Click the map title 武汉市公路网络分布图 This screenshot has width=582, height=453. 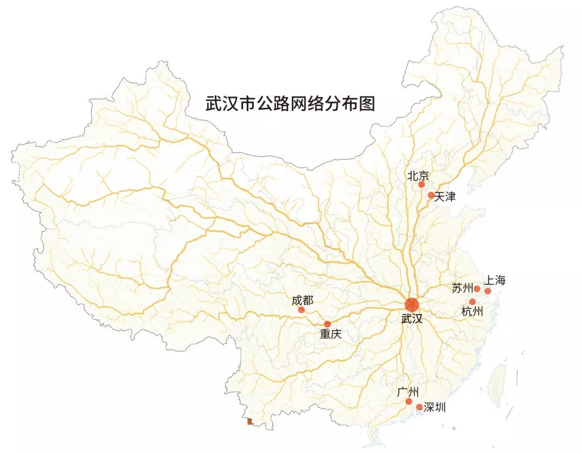[290, 103]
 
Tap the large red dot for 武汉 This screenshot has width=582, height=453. [412, 304]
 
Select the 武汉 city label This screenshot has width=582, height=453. [412, 318]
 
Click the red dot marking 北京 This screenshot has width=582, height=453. [421, 185]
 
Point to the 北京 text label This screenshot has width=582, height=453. [418, 175]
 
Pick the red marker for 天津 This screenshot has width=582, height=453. [431, 195]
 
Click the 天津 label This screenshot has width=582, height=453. [445, 197]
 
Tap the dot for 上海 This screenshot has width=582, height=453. [488, 291]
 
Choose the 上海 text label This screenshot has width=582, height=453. [495, 280]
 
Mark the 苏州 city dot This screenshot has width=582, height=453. [477, 289]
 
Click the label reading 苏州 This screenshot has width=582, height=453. [462, 288]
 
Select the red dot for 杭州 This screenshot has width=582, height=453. [473, 302]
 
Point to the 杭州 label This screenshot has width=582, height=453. [472, 312]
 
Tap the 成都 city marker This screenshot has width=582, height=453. [301, 310]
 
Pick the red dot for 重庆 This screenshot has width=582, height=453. [327, 324]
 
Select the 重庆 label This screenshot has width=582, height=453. [331, 334]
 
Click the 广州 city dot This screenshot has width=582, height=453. [409, 401]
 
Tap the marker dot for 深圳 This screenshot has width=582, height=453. [419, 407]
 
